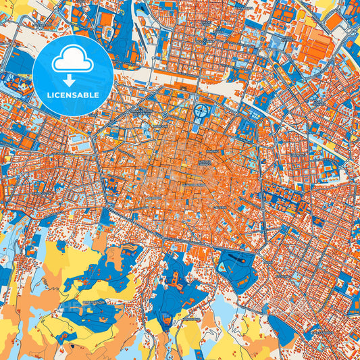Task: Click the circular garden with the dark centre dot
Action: click(202, 111)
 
